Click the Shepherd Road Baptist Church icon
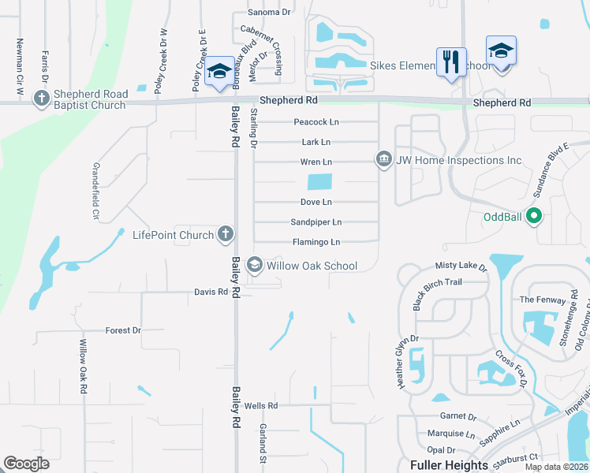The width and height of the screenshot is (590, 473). (42, 98)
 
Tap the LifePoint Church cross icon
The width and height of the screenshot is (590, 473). (226, 234)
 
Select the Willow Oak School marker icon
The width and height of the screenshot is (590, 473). (255, 266)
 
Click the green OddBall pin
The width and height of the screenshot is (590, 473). (533, 214)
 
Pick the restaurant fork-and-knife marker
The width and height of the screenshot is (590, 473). (450, 61)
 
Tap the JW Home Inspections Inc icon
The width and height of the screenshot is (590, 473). (384, 160)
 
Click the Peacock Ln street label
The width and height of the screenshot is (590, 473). (316, 122)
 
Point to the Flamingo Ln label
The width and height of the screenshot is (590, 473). (316, 242)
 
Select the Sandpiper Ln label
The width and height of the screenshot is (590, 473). (316, 222)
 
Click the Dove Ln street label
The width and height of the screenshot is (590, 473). (316, 203)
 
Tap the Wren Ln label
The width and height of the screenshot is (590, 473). (316, 162)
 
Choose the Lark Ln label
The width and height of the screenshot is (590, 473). (316, 142)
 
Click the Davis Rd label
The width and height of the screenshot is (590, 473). (211, 292)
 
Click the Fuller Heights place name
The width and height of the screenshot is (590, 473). (449, 465)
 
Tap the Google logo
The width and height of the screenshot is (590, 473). (26, 464)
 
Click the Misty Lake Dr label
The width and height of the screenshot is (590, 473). (461, 268)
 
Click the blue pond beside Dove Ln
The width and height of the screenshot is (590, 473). (319, 182)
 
